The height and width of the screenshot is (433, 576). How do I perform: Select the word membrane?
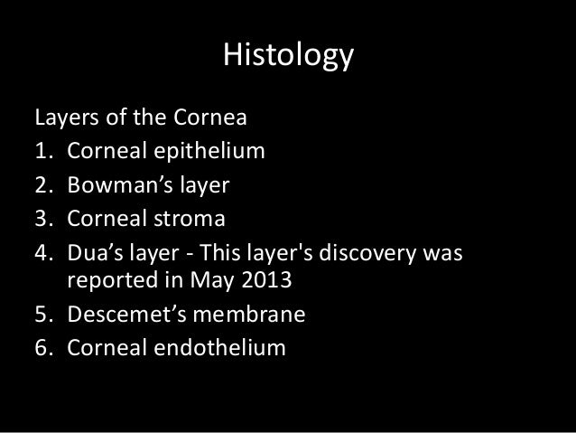coord(255,317)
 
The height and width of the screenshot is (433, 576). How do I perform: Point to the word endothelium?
coord(213,346)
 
